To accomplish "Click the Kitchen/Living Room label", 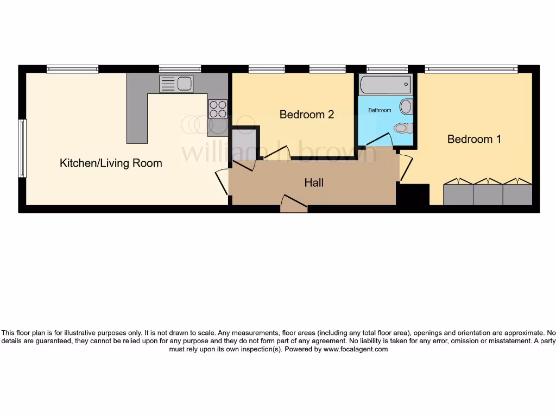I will pyautogui.click(x=111, y=163).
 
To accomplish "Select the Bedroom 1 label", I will pyautogui.click(x=473, y=139).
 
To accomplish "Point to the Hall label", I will pyautogui.click(x=314, y=183).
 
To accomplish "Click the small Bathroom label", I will pyautogui.click(x=380, y=110).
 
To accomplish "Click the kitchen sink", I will pyautogui.click(x=176, y=84).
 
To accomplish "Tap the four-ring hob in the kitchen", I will pyautogui.click(x=217, y=109).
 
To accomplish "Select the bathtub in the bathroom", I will pyautogui.click(x=385, y=85).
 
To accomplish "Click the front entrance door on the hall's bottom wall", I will pyautogui.click(x=294, y=204).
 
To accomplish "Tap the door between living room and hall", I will pyautogui.click(x=223, y=182).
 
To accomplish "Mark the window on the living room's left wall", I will pyautogui.click(x=22, y=148).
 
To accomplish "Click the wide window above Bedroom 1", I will pyautogui.click(x=471, y=69).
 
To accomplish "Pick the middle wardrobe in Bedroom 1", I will pyautogui.click(x=488, y=193).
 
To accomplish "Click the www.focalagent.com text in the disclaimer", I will pyautogui.click(x=356, y=350).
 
